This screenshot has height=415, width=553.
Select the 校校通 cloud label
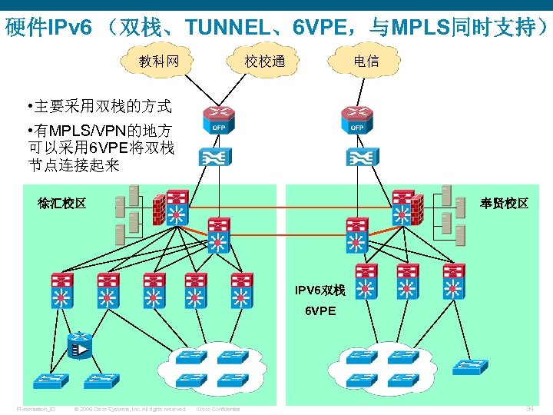pos(264,61)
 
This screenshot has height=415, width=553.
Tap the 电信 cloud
pos(366,61)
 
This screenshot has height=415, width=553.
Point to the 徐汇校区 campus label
pos(61,204)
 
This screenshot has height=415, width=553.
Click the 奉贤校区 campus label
pos(504,204)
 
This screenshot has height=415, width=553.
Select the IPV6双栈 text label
pos(320,290)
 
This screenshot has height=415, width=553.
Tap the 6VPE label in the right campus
pos(320,311)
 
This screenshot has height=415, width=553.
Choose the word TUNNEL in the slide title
pos(226,28)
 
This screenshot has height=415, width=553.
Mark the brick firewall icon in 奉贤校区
pos(418,206)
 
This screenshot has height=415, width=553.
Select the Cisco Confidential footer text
pos(218,409)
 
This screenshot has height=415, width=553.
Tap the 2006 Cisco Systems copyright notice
pos(130,409)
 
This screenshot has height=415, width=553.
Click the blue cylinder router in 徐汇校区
pos(79,347)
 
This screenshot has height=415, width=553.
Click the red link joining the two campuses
pos(288,231)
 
